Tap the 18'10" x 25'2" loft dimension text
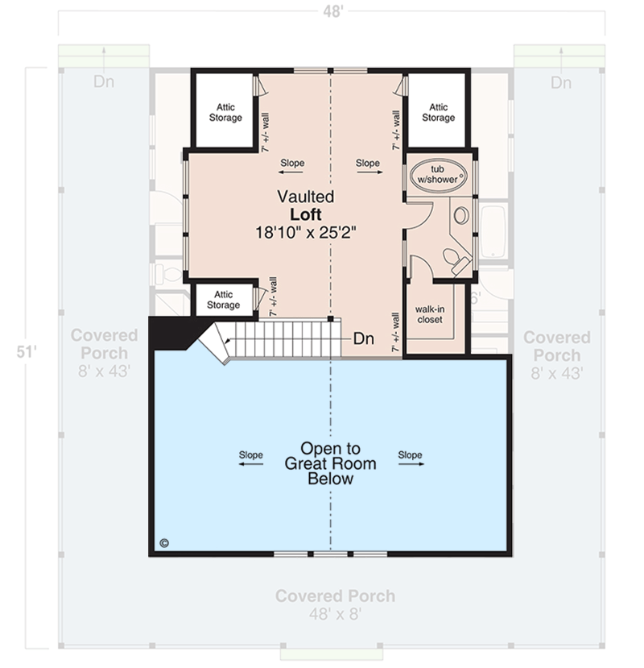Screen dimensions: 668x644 (x=306, y=230)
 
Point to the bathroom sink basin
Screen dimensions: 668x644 (x=461, y=215)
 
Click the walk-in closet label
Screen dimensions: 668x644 (x=434, y=314)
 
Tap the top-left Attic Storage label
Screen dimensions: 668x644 (x=225, y=112)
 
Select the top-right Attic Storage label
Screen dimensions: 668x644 (x=439, y=112)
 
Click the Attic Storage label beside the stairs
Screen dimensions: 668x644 (x=223, y=300)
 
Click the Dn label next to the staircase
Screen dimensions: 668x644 (x=363, y=339)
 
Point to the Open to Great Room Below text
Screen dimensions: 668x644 (x=330, y=463)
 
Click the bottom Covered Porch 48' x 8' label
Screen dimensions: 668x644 (x=335, y=604)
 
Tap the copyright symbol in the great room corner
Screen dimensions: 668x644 (x=165, y=542)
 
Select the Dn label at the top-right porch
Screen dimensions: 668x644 (x=561, y=82)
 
